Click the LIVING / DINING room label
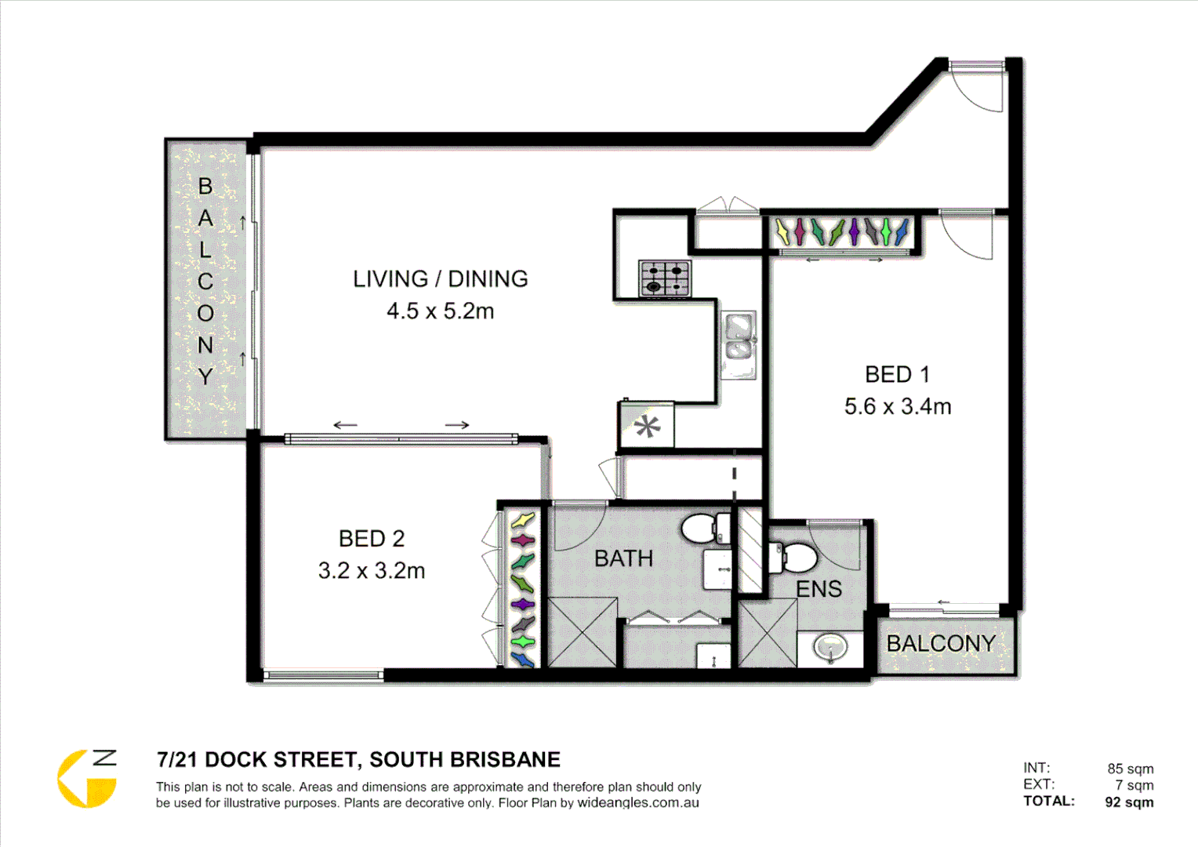coord(440,279)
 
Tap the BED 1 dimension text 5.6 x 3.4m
coord(898,406)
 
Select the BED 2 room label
coord(372,539)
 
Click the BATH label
coord(623,558)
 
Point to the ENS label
coord(819,589)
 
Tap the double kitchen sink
coord(739,337)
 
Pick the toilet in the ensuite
coord(793,558)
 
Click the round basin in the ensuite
coord(830,648)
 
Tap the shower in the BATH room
coord(582,632)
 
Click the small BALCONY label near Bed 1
coord(941,644)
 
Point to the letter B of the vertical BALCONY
coord(205,187)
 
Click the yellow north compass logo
coord(87,778)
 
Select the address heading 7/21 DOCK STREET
coord(358,760)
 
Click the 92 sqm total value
coord(1129,802)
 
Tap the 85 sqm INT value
coord(1130,769)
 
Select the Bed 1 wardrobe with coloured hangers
coord(841,232)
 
